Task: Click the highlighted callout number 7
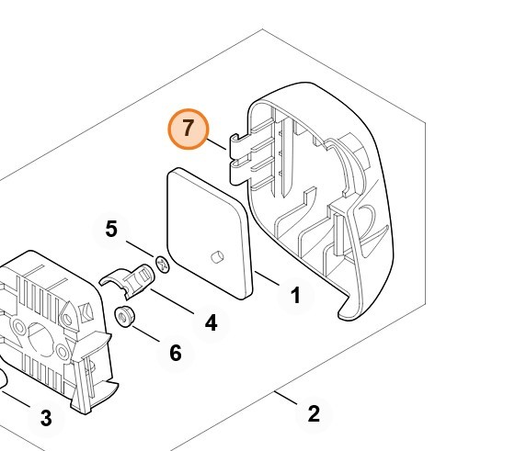click(189, 129)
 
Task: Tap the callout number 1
click(296, 295)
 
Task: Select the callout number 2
click(314, 413)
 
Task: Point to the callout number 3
click(46, 418)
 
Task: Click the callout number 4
click(211, 322)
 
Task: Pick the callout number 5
click(111, 229)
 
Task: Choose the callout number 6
click(176, 353)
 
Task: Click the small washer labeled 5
click(163, 265)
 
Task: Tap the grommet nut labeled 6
click(124, 316)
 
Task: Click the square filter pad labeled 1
click(211, 233)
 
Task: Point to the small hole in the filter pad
click(217, 257)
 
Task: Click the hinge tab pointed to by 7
click(236, 160)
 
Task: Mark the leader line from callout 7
click(216, 144)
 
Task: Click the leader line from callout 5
click(140, 249)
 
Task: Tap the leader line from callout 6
click(146, 334)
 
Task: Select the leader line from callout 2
click(286, 397)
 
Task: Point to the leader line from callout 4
click(172, 301)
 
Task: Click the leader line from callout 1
click(267, 277)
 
